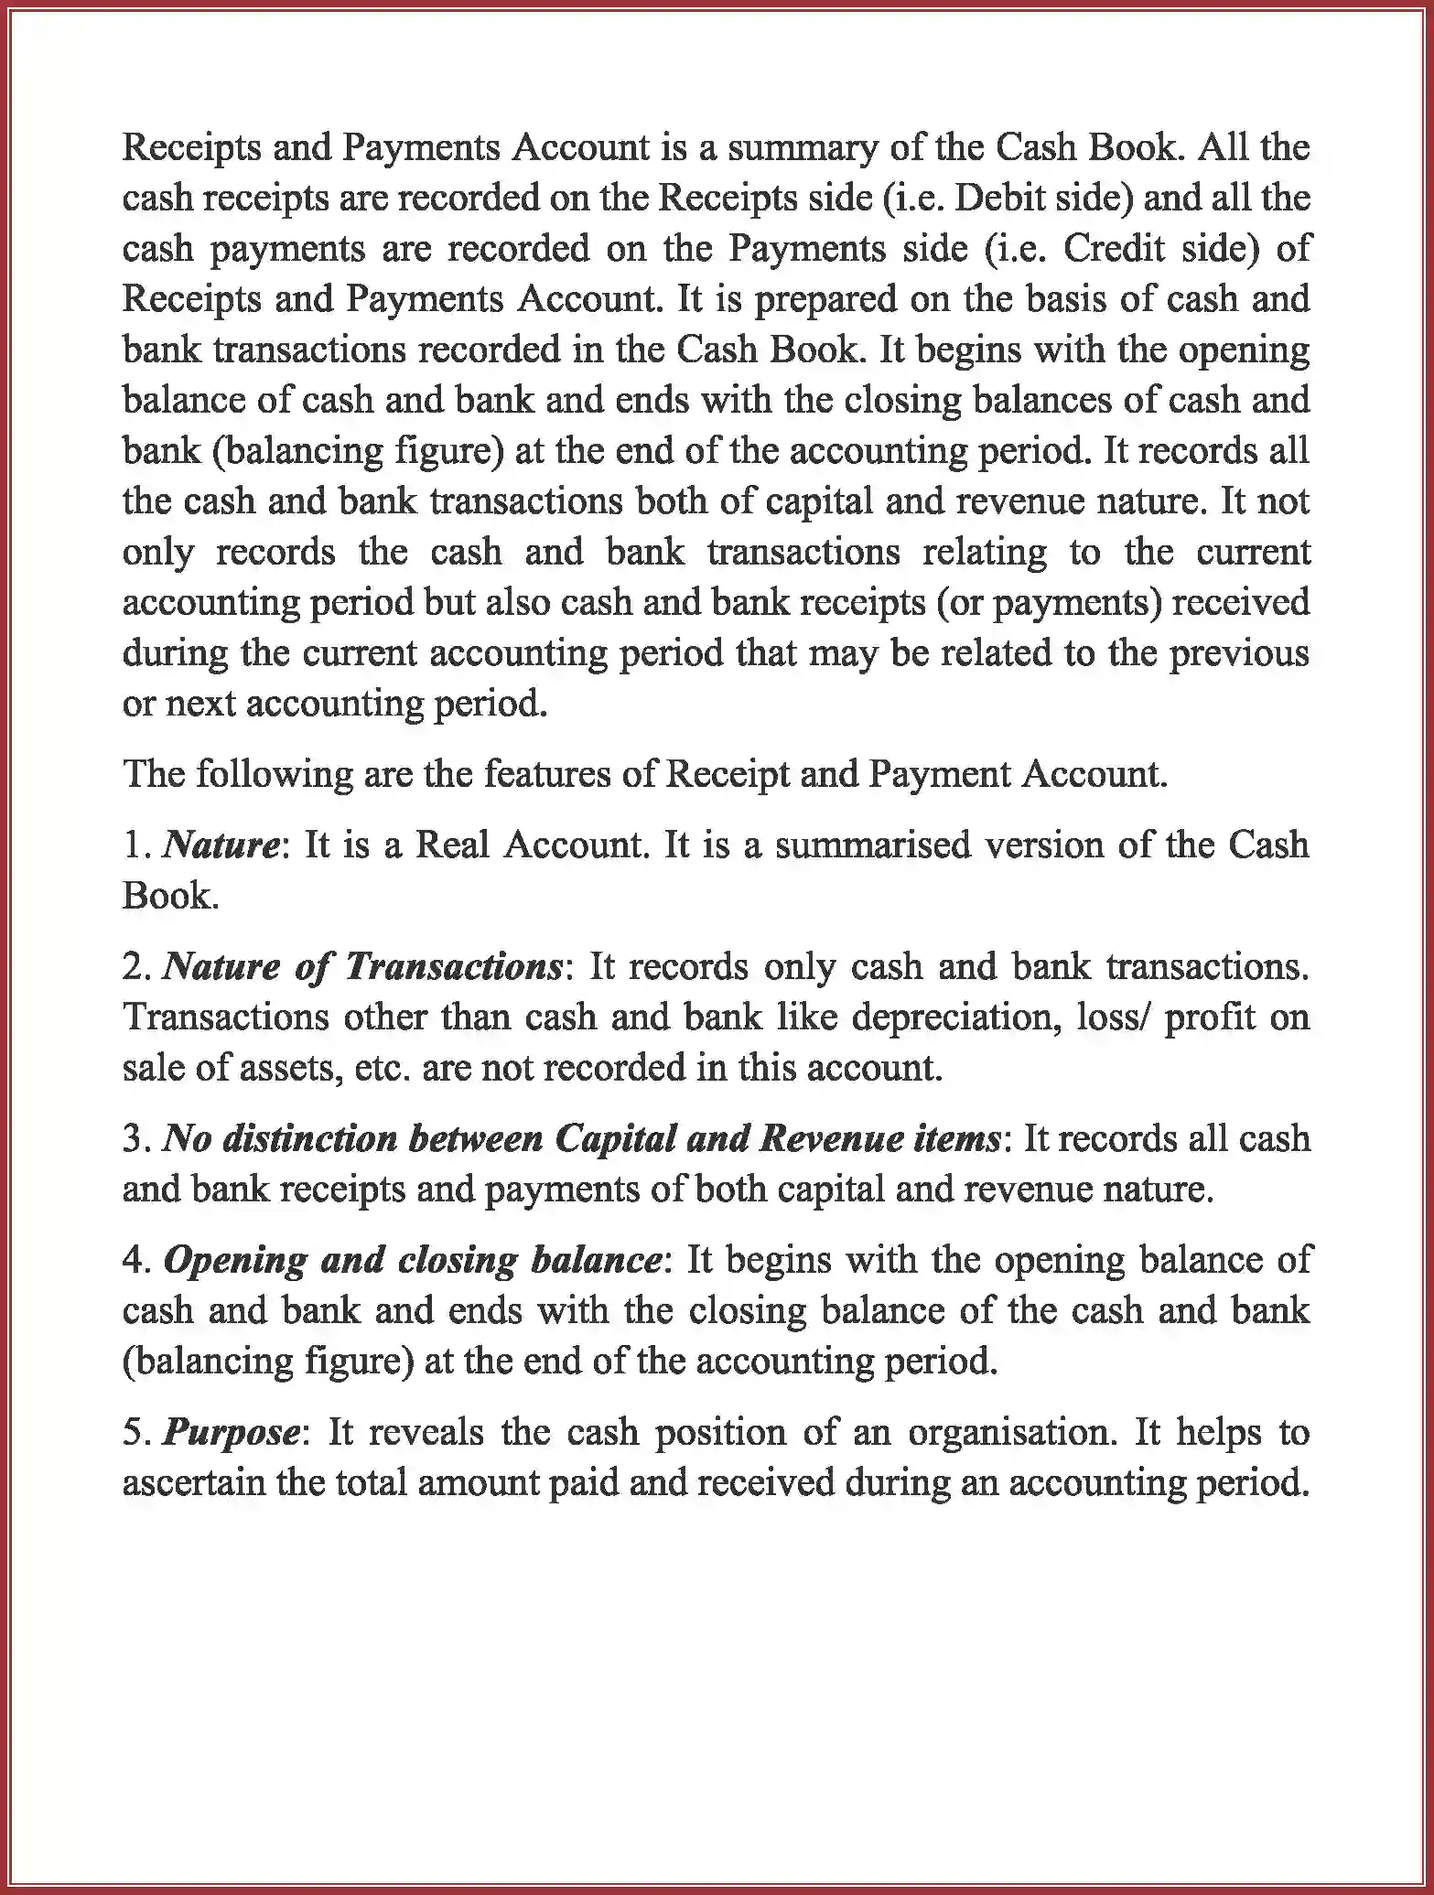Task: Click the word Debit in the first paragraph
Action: click(1002, 198)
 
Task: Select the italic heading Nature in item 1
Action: click(220, 844)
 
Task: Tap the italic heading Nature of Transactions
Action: click(362, 966)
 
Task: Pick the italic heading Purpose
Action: click(231, 1432)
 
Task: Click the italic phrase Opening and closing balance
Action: click(412, 1260)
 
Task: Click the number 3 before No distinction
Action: click(133, 1139)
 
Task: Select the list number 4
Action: click(133, 1261)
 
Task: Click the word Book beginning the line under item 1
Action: click(168, 895)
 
